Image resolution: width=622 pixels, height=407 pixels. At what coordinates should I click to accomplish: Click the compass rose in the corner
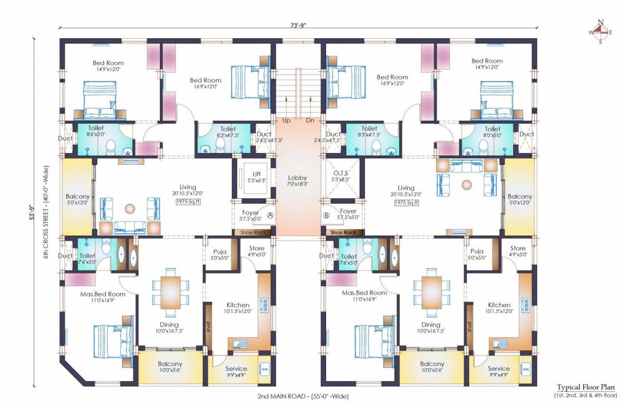600,32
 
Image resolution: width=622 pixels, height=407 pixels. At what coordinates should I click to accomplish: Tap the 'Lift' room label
257,174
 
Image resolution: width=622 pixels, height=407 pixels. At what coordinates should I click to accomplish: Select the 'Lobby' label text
297,178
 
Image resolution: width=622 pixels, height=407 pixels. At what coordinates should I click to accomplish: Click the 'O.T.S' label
339,174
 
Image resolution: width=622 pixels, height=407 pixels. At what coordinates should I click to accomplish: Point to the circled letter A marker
270,216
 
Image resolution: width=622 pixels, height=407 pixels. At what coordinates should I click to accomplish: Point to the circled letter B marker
326,216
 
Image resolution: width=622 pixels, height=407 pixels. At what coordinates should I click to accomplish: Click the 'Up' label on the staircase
286,120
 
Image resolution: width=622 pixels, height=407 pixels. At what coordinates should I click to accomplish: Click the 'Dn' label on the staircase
310,120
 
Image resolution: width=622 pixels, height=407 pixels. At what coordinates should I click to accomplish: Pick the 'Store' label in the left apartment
257,248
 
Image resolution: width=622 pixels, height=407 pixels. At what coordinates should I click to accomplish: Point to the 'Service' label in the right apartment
498,368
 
